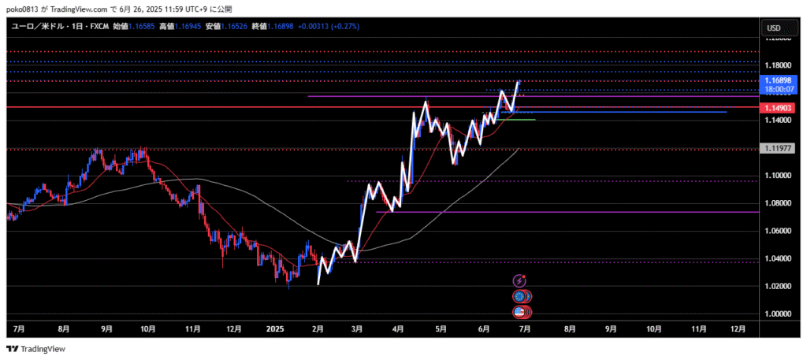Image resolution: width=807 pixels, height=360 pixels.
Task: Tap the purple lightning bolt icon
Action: tap(519, 280)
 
